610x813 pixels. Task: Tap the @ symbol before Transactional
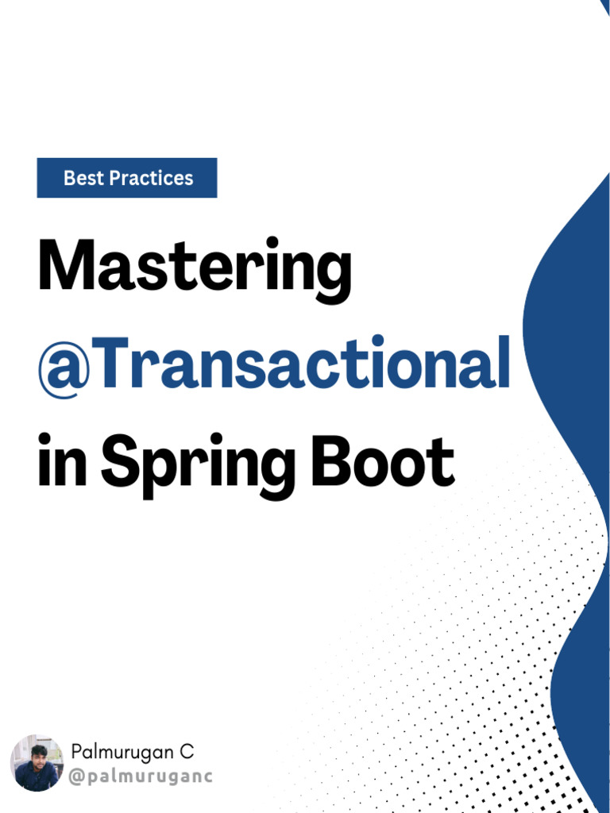click(x=64, y=364)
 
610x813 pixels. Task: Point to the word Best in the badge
click(x=83, y=178)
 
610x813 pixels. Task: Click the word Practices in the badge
click(x=151, y=178)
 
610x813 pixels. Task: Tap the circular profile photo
click(x=37, y=762)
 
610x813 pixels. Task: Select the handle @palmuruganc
click(x=141, y=776)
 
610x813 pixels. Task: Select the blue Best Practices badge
click(x=127, y=178)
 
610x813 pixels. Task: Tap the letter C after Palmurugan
click(x=187, y=751)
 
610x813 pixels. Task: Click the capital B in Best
click(x=69, y=178)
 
